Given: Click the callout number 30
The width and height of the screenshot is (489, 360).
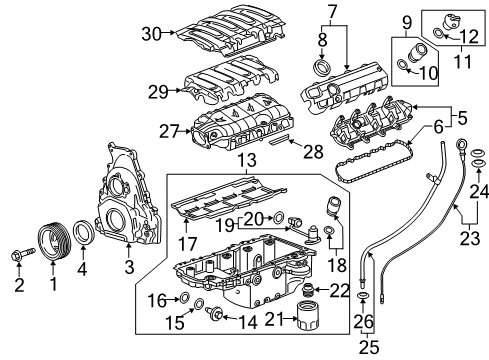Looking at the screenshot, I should [x=151, y=34].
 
